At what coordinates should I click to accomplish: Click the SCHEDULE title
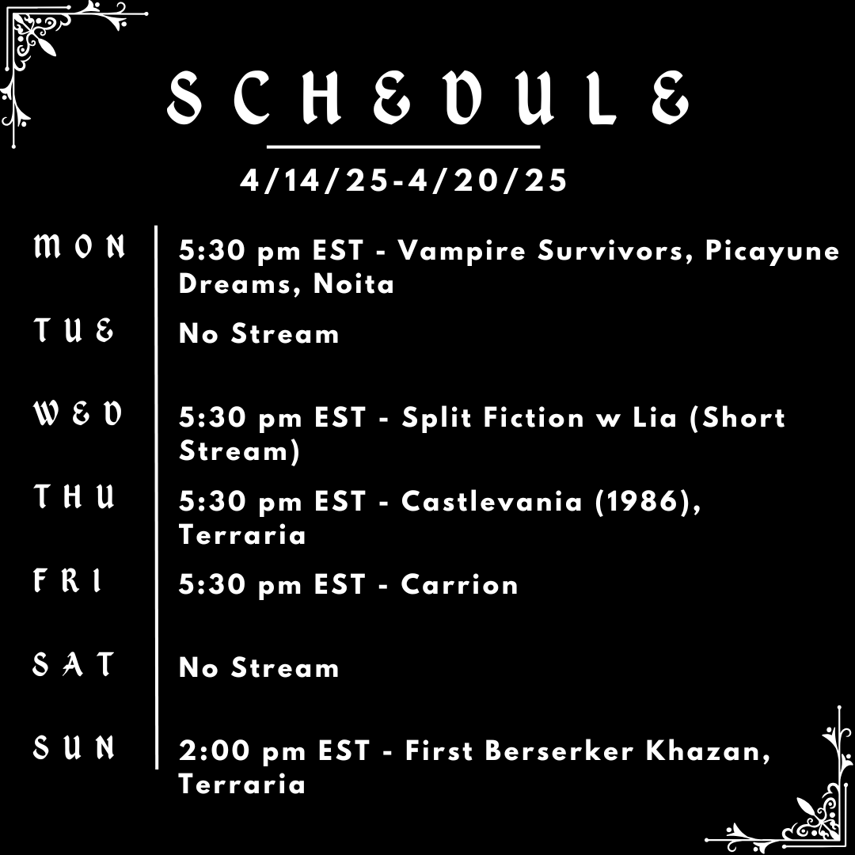pyautogui.click(x=427, y=99)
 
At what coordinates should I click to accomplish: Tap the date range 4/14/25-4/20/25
pyautogui.click(x=404, y=180)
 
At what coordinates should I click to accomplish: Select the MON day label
pyautogui.click(x=79, y=248)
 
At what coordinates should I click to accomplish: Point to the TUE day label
pyautogui.click(x=74, y=330)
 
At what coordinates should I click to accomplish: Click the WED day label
pyautogui.click(x=78, y=413)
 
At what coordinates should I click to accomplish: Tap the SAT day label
pyautogui.click(x=74, y=664)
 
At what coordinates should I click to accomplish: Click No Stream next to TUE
pyautogui.click(x=259, y=333)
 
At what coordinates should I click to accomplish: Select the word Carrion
pyautogui.click(x=460, y=585)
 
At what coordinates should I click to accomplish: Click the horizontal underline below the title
pyautogui.click(x=404, y=147)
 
